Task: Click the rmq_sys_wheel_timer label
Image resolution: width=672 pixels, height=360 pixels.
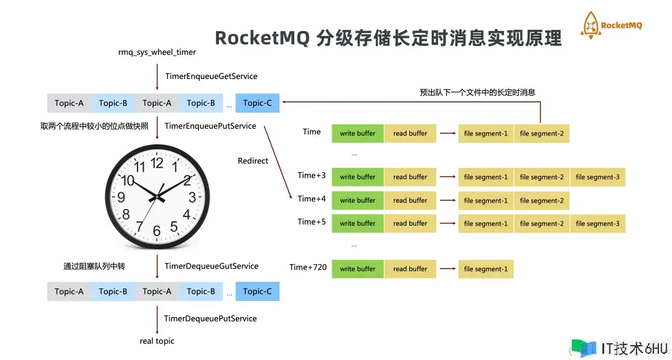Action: [157, 52]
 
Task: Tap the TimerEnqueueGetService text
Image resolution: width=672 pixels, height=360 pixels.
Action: [211, 76]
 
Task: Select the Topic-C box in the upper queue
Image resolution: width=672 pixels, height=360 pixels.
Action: [258, 103]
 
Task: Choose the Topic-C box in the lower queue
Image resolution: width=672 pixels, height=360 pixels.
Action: [258, 292]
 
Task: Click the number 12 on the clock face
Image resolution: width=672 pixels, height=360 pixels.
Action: [157, 164]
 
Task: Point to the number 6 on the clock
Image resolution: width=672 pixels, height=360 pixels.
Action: [157, 231]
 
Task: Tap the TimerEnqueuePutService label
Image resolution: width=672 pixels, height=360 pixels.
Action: [210, 126]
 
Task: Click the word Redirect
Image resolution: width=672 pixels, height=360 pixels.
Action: [253, 161]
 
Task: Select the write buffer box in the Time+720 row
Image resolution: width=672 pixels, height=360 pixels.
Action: [358, 269]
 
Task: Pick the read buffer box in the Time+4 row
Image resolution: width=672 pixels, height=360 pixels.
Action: [410, 200]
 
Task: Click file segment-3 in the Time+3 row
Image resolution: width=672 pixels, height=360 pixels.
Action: [597, 177]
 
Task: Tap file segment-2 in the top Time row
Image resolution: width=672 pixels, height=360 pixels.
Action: [541, 134]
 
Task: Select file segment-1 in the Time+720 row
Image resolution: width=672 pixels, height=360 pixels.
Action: [485, 269]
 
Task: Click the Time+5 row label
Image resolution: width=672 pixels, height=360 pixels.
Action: [312, 222]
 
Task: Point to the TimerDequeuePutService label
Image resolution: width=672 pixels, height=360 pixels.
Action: [210, 318]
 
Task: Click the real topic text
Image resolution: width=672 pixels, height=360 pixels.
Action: [157, 341]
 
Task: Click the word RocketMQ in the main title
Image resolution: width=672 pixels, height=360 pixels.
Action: [262, 39]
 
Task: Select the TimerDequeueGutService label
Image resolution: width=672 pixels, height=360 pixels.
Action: [212, 266]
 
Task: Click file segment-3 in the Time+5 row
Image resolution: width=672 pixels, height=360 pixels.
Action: [597, 224]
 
